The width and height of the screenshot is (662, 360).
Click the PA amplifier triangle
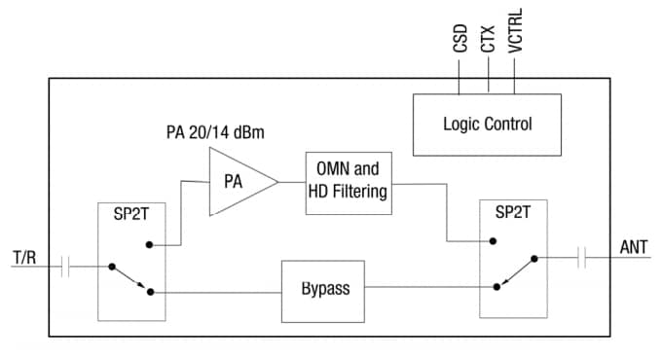(238, 181)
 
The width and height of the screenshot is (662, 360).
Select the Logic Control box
(487, 125)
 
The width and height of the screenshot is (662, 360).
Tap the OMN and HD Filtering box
(348, 180)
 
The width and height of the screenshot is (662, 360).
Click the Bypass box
(323, 290)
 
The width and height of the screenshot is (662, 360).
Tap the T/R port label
(25, 257)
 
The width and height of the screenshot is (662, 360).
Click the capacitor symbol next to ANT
(582, 258)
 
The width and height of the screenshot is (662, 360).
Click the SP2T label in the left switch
(130, 217)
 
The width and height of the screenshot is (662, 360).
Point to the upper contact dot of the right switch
(494, 240)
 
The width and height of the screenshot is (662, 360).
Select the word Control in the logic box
(509, 125)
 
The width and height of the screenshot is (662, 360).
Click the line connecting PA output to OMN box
(292, 181)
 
